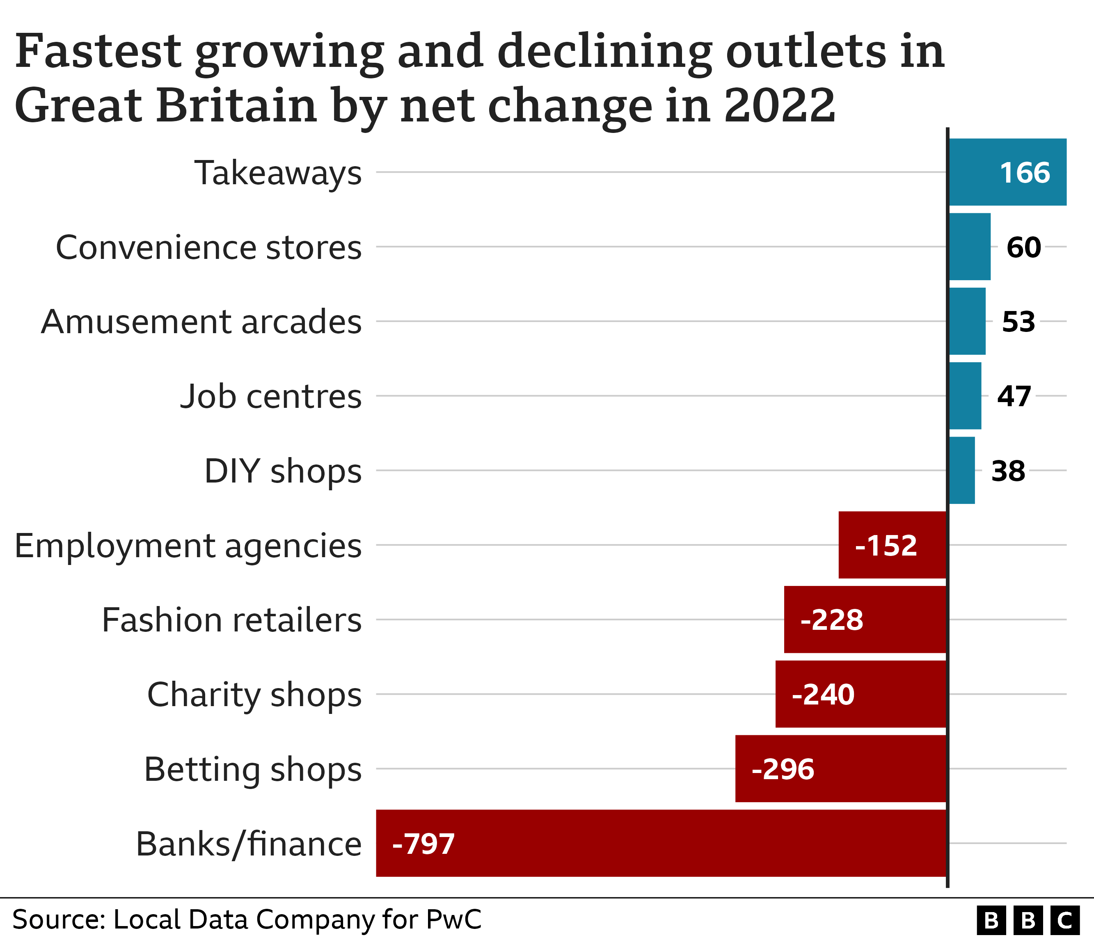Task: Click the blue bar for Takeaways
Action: pos(1007,172)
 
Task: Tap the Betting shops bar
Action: pos(840,769)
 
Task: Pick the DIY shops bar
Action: pos(962,470)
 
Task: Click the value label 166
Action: pos(1025,173)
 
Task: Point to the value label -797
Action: pos(423,844)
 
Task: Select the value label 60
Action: pos(1023,247)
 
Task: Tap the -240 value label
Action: pos(823,695)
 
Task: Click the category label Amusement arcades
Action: pos(201,322)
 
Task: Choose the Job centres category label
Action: pos(271,396)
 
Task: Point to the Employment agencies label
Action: pos(188,546)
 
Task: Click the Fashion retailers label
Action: pos(231,620)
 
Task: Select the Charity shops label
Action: pos(254,695)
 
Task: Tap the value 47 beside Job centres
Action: pos(1014,396)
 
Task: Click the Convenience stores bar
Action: pos(969,247)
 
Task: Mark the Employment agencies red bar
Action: pos(892,545)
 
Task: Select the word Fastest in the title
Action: pos(98,51)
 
